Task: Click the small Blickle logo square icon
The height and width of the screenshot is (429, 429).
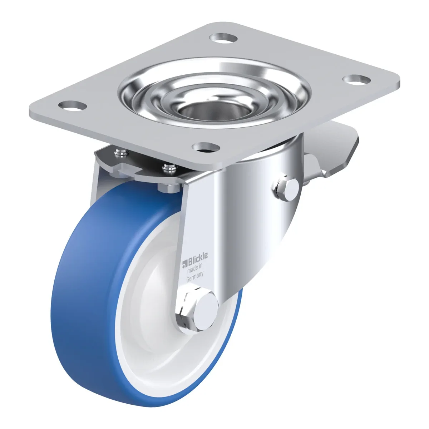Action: click(184, 264)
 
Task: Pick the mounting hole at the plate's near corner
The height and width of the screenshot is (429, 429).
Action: click(206, 147)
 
